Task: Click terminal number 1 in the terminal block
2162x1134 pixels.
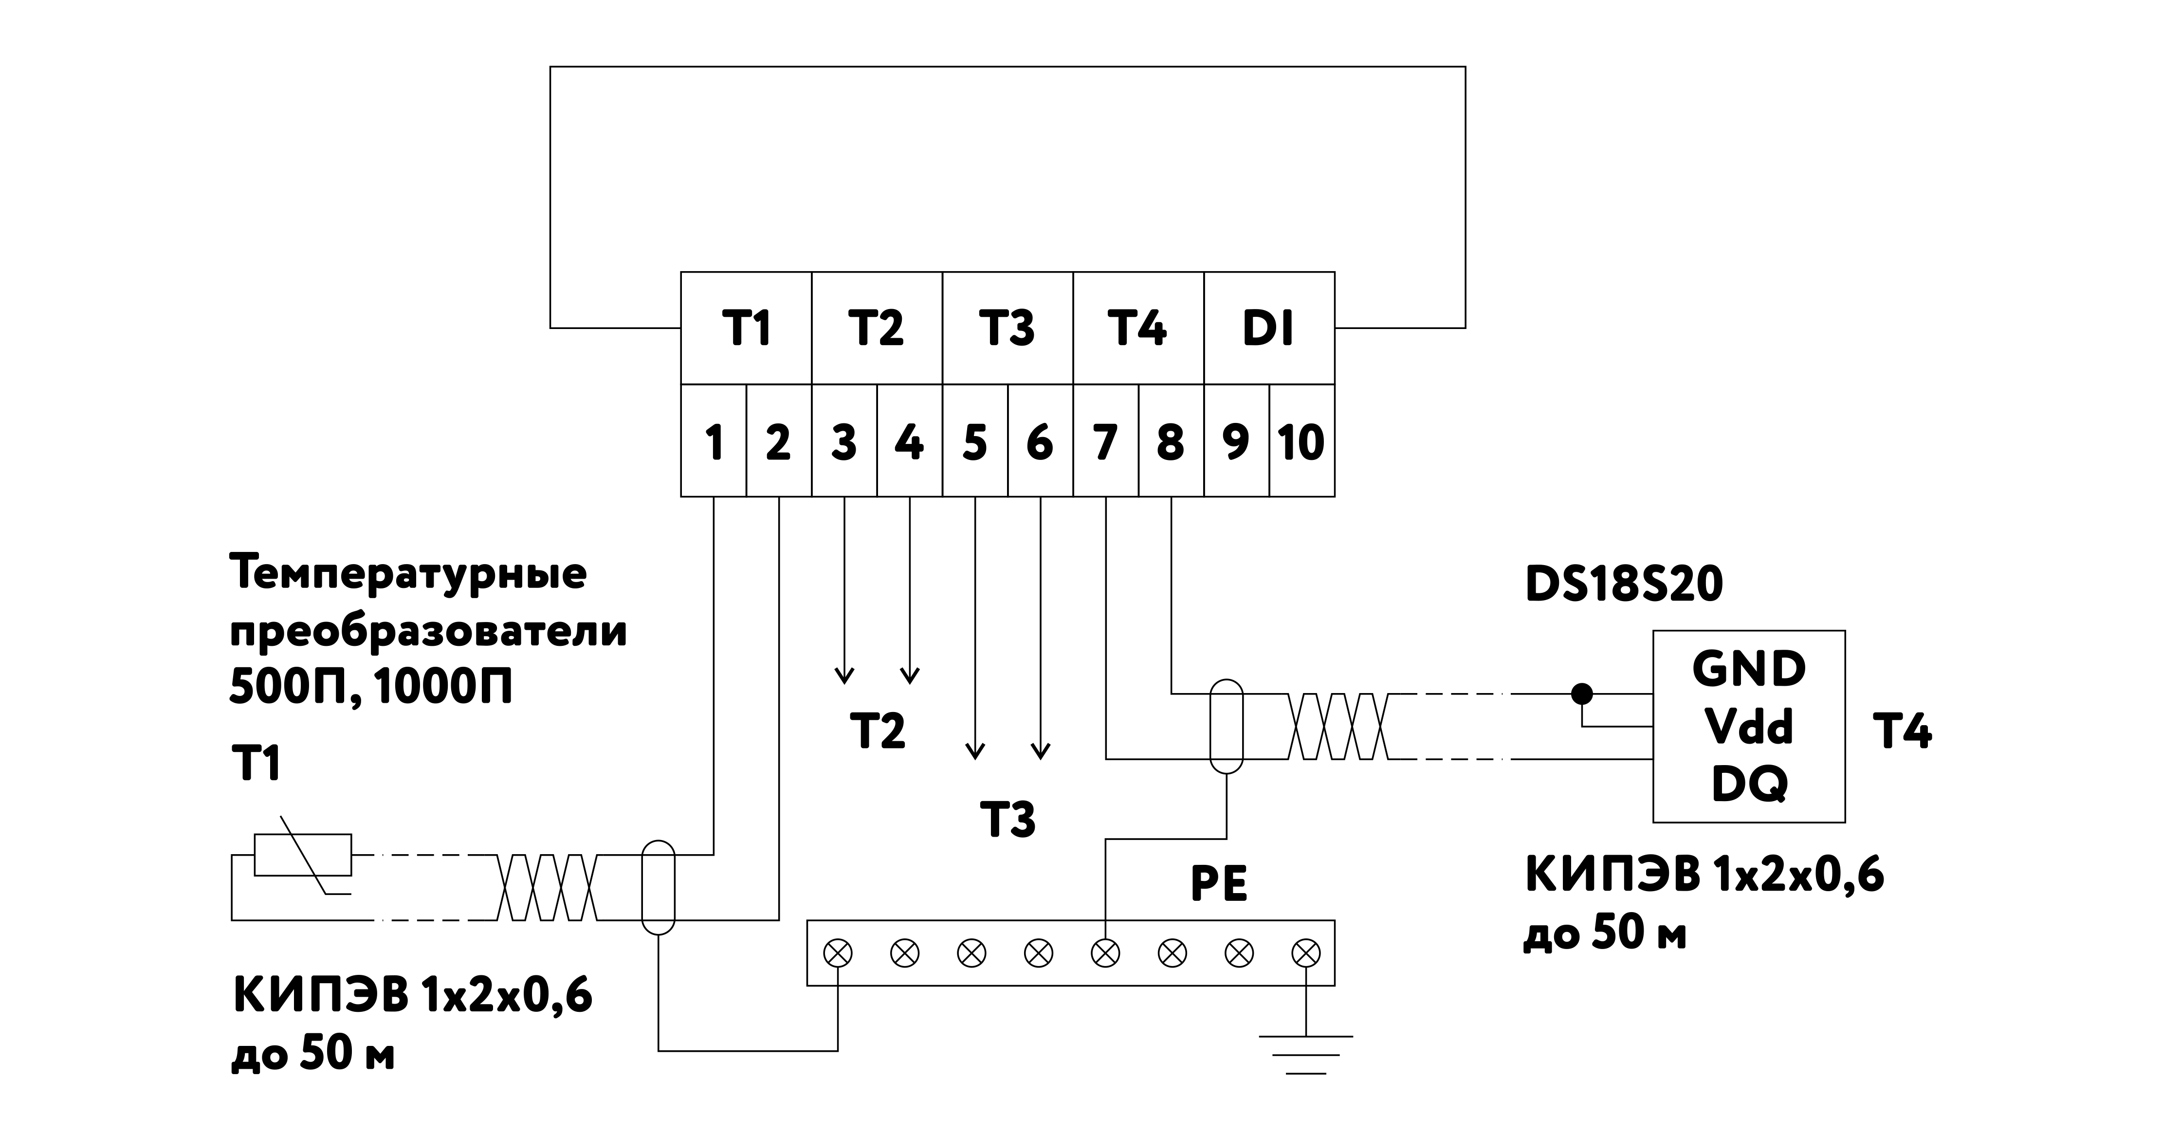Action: (714, 441)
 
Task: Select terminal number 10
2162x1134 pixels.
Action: (1301, 441)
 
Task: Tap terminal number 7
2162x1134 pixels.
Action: (1105, 441)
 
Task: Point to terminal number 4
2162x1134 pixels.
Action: (909, 441)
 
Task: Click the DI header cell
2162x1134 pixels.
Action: (1268, 328)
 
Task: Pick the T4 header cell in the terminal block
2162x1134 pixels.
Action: (1137, 328)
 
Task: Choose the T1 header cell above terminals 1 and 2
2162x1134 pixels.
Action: (746, 328)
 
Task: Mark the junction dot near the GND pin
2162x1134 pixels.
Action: (1582, 694)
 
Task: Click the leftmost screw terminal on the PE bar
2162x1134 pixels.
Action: (838, 952)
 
